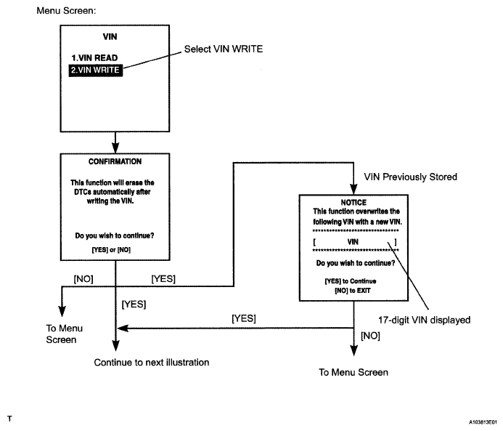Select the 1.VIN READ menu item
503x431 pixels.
tap(94, 58)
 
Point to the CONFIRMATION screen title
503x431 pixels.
tap(115, 161)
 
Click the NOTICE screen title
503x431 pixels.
tap(353, 202)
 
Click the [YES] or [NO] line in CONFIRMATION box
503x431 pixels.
tap(115, 249)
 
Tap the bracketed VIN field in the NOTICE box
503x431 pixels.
tap(353, 241)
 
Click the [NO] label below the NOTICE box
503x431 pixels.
tap(371, 337)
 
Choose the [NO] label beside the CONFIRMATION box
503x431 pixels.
tap(83, 278)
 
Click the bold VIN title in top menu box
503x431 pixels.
tap(116, 36)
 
